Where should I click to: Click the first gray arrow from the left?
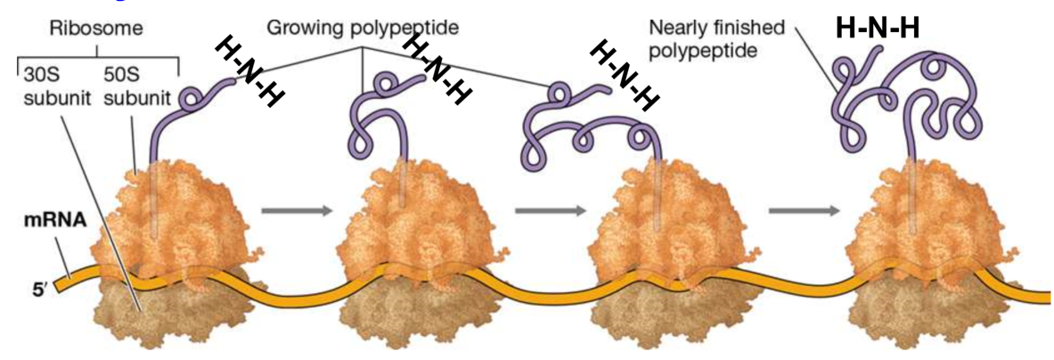pos(297,211)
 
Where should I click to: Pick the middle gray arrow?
pos(550,211)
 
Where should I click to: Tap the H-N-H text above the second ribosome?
pos(436,69)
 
